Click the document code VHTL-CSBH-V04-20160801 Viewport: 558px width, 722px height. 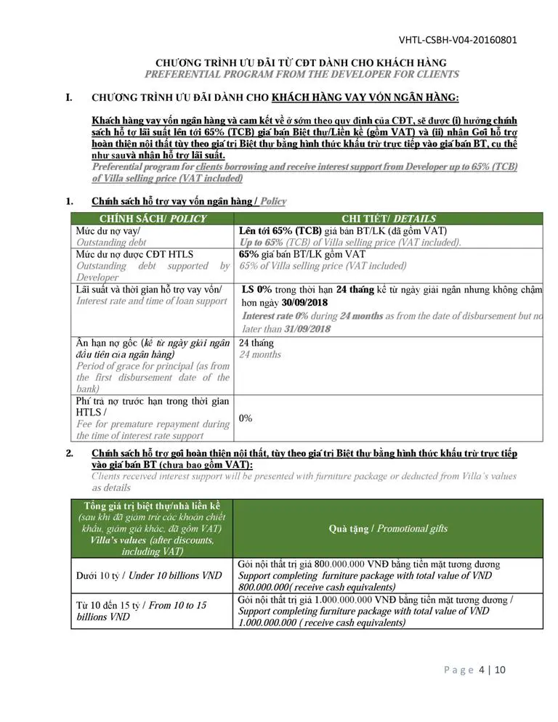458,39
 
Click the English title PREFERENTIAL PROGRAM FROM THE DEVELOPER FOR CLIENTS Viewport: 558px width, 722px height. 302,74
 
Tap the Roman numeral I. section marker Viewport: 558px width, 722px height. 69,97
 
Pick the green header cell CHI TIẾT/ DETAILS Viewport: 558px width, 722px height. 389,219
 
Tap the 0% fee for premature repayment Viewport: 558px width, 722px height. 246,418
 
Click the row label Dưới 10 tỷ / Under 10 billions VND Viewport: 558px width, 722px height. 149,575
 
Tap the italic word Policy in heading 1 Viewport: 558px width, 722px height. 273,201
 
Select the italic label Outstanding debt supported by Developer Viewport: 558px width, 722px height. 153,272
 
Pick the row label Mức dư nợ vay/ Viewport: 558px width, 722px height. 109,230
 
